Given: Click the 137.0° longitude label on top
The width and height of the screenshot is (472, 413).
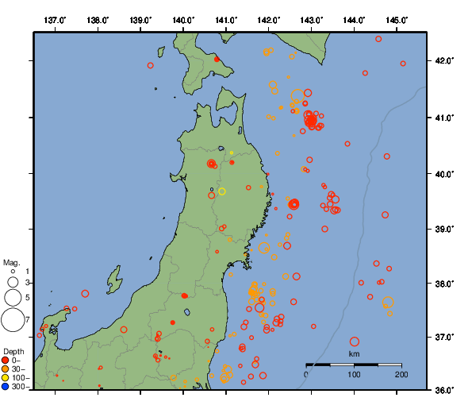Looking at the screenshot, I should [x=55, y=19].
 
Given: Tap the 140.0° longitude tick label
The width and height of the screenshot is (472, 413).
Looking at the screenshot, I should [x=183, y=19].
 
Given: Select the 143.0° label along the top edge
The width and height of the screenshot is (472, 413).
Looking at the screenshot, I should [x=312, y=19].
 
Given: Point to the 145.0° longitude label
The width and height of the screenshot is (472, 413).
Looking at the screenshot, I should [x=397, y=19].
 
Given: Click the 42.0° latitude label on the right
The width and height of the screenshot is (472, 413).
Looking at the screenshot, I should [x=442, y=60].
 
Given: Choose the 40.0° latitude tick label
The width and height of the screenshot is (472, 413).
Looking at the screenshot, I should [x=442, y=173].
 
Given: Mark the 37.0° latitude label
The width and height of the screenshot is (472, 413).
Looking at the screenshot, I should [x=442, y=337].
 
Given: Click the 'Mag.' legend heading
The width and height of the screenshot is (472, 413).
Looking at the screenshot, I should [x=11, y=262].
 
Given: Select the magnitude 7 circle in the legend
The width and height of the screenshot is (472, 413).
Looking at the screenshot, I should [x=12, y=320].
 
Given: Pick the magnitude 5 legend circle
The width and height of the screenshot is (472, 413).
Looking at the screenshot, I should [x=12, y=298].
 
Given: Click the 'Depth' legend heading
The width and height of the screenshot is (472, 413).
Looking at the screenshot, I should [x=13, y=351].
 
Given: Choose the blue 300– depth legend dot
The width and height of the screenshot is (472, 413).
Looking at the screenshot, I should [x=6, y=387].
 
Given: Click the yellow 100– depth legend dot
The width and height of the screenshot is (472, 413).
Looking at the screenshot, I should [x=6, y=378].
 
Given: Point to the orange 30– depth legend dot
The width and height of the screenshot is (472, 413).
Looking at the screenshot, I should [x=6, y=369].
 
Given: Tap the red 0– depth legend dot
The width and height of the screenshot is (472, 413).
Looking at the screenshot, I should [x=6, y=361].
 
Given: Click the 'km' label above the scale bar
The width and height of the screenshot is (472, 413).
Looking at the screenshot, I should [x=354, y=354].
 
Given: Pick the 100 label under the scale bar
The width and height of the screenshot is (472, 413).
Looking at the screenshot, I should [x=354, y=374].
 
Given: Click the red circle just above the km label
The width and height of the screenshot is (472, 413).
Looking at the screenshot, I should [x=355, y=342].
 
